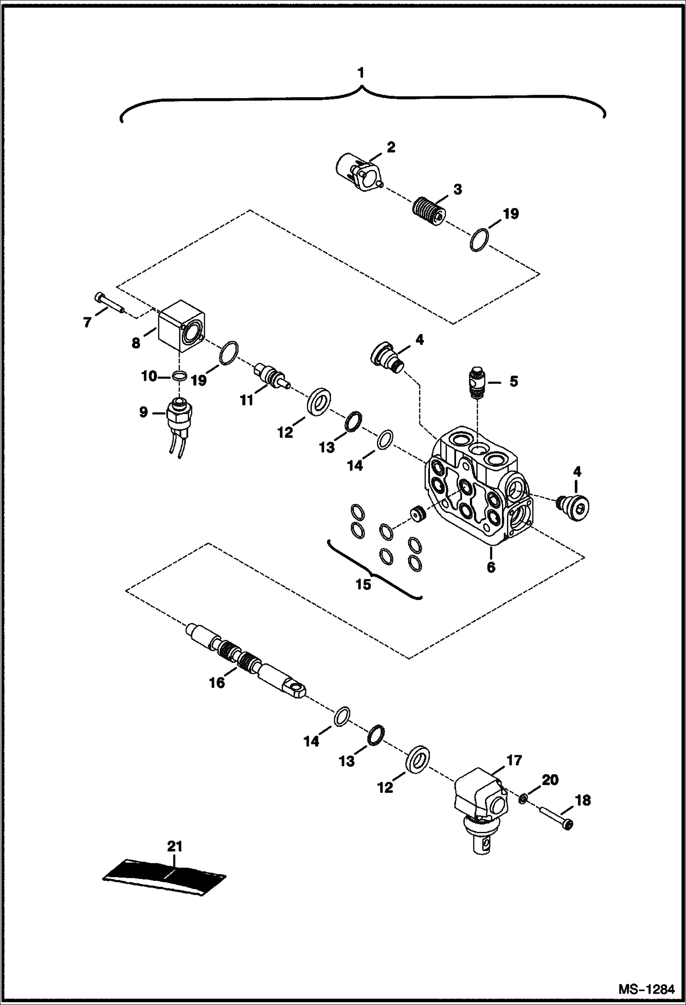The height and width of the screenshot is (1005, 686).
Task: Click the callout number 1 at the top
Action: click(x=361, y=73)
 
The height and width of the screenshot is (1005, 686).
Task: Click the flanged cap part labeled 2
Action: click(x=359, y=173)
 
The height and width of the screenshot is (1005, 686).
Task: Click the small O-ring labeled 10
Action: click(x=180, y=376)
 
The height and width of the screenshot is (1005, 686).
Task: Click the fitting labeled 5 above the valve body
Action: click(x=476, y=383)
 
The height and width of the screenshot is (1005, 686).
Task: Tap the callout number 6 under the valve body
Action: click(x=491, y=567)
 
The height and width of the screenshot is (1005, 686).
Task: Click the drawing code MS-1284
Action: click(x=646, y=987)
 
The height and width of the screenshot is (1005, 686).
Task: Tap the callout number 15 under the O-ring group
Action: click(x=364, y=585)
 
